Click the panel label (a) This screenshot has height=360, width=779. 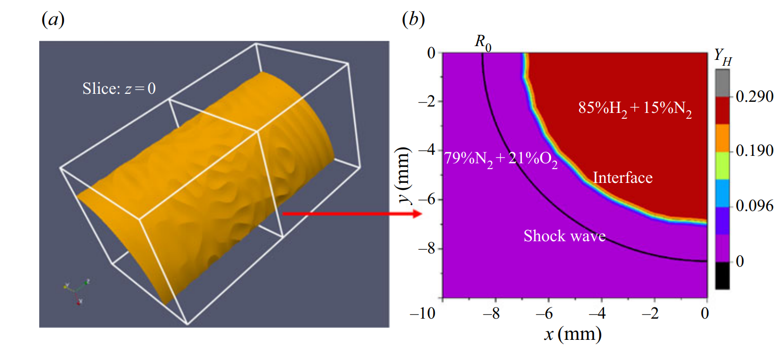point(52,20)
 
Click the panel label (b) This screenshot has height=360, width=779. point(413,20)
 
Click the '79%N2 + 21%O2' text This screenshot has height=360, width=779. point(501,160)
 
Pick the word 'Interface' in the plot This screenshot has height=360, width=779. point(622,177)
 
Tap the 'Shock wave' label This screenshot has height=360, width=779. point(564,236)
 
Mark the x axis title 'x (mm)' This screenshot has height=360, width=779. point(574,334)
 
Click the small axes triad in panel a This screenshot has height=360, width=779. point(76,289)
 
